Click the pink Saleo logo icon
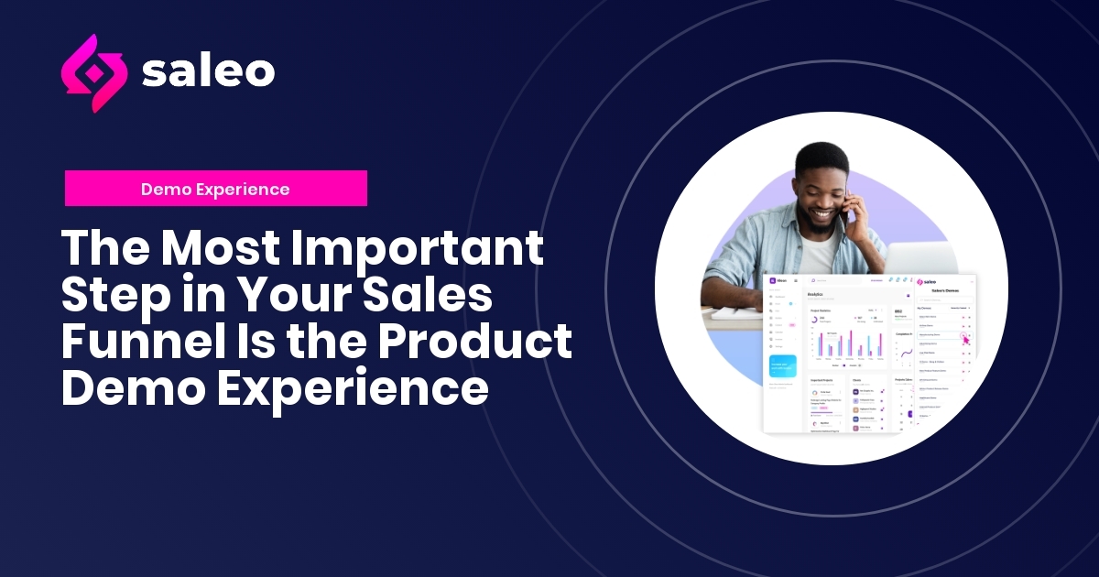coord(91,72)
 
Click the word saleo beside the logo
coord(208,72)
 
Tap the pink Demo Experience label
coord(215,189)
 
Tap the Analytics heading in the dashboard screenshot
coord(815,295)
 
